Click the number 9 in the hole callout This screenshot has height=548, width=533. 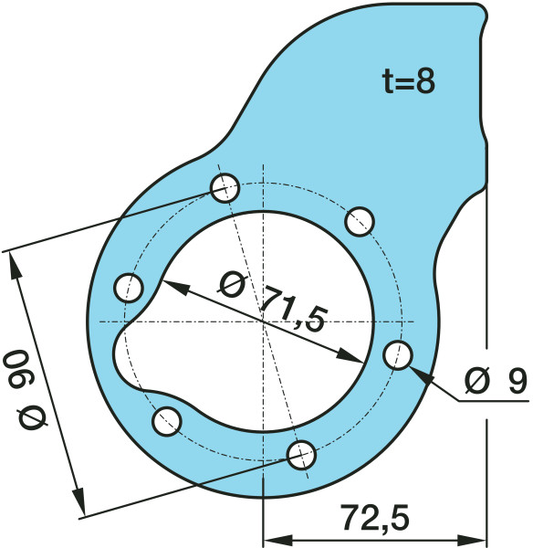[x=517, y=380]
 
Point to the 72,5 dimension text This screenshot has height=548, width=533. [x=374, y=518]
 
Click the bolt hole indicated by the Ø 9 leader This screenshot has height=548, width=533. [x=396, y=355]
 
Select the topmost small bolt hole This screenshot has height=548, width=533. [x=225, y=188]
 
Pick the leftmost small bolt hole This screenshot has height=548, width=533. [x=129, y=287]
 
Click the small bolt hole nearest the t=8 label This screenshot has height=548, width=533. [x=361, y=219]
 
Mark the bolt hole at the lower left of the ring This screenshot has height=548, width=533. [x=167, y=421]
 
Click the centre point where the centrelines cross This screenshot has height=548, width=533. [x=263, y=321]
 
